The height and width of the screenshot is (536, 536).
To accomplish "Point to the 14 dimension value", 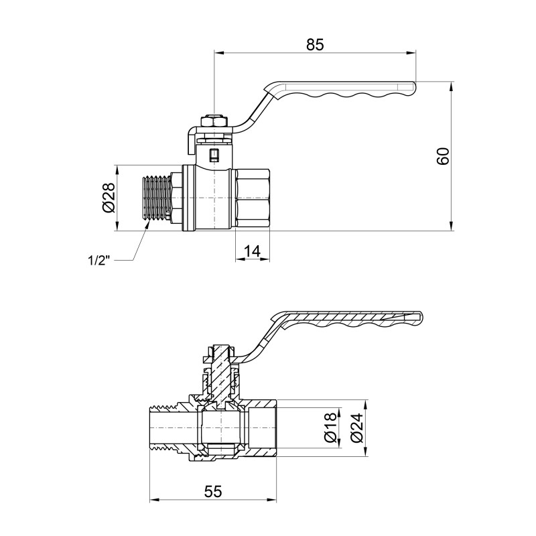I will click(x=252, y=251).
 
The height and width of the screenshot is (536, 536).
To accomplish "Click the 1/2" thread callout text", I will click(x=98, y=260).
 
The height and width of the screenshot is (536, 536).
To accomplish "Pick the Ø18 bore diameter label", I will click(x=330, y=427).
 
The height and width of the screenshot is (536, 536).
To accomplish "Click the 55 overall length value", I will click(x=212, y=491).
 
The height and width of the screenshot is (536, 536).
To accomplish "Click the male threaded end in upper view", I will click(x=158, y=198).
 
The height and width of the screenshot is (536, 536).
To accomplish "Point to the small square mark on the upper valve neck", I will click(x=214, y=155).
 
